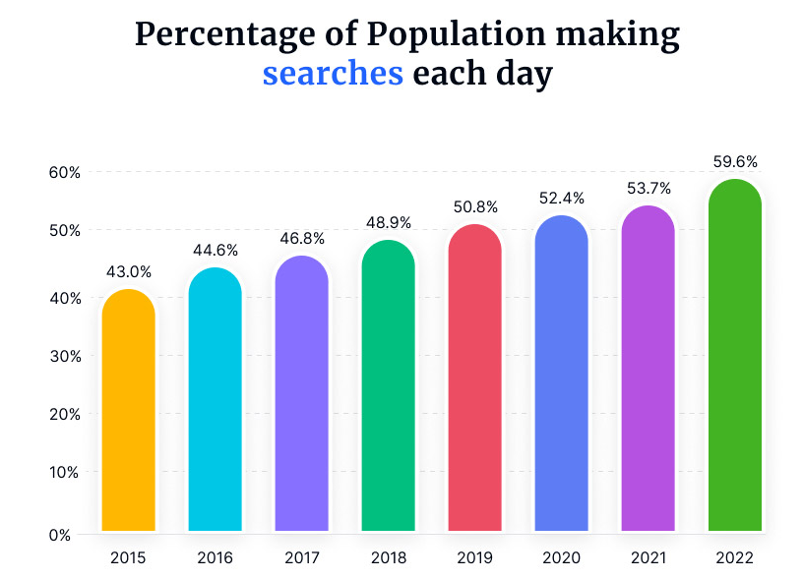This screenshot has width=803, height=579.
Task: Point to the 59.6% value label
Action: [x=734, y=162]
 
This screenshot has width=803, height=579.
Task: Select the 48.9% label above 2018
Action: [x=388, y=223]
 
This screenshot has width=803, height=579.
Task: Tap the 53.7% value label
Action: [x=648, y=188]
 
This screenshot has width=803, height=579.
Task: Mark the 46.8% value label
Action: [x=301, y=239]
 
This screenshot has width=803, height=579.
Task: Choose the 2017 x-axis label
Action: [x=301, y=558]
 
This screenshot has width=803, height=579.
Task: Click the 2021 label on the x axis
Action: [x=648, y=558]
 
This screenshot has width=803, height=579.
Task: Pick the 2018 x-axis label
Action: [x=388, y=558]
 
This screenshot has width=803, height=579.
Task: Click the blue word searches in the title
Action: [x=333, y=74]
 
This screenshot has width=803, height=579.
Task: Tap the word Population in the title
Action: [x=443, y=34]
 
